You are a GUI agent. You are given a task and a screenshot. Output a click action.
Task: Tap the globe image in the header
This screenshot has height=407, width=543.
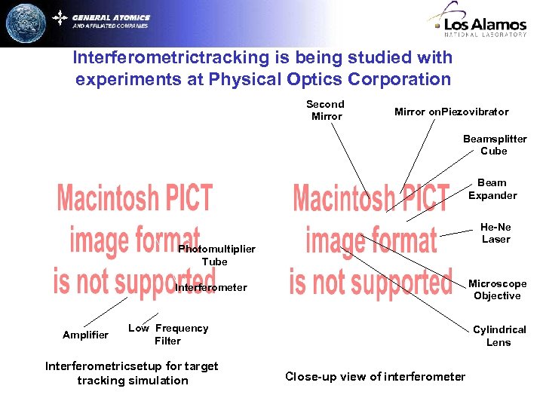tap(26, 23)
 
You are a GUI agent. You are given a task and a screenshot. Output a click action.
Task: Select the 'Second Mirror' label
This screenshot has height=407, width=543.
tap(326, 110)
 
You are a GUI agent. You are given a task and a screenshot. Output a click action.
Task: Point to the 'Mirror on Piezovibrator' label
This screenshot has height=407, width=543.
tap(451, 112)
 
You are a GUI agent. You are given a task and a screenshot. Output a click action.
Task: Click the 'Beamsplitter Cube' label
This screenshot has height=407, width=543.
tap(494, 145)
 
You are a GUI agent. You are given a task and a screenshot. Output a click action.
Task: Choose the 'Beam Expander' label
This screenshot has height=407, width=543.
tap(492, 189)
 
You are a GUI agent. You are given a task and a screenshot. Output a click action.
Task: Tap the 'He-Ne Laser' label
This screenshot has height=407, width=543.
tap(495, 233)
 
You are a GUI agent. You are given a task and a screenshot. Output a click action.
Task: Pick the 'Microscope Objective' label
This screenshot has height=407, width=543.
tap(497, 289)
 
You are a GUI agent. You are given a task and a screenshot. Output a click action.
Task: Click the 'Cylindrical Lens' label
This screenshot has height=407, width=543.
tap(499, 335)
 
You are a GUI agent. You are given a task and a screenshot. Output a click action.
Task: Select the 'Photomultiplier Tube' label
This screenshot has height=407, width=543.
tap(216, 256)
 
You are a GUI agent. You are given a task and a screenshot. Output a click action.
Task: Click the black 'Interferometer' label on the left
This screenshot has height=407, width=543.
tap(211, 287)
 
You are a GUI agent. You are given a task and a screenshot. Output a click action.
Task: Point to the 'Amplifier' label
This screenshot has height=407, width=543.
tap(85, 335)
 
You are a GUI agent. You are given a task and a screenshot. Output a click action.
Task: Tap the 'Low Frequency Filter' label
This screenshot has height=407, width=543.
tap(168, 334)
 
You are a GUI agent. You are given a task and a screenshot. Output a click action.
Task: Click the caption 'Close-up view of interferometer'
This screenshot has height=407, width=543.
tap(375, 376)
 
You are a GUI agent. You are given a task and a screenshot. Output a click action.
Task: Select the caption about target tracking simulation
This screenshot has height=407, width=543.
tap(132, 373)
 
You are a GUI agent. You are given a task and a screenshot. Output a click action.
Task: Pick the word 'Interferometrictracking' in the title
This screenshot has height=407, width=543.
tap(159, 57)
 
